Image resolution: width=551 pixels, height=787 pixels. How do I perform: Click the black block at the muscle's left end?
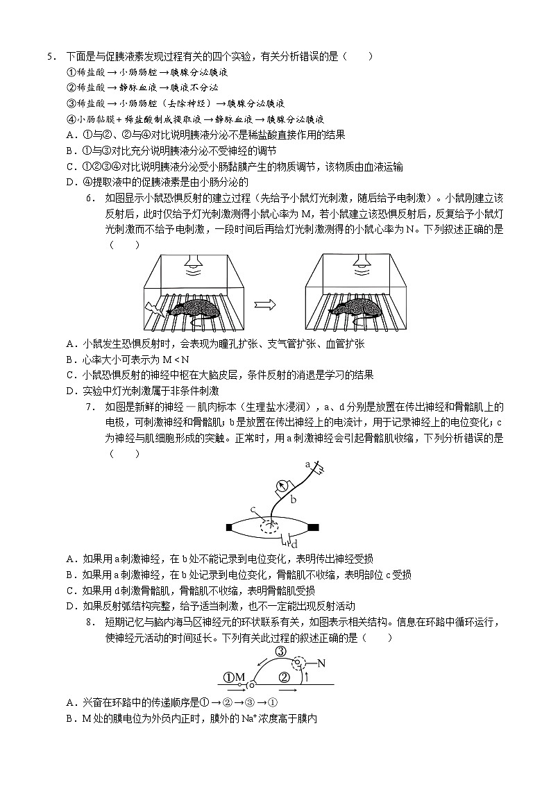click(x=230, y=527)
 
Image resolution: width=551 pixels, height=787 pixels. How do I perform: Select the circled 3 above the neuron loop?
click(x=280, y=652)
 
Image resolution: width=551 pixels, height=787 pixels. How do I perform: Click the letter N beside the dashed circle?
click(x=321, y=663)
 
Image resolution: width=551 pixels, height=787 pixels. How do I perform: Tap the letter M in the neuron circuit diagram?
click(x=240, y=677)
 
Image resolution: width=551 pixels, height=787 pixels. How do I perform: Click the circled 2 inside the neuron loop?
click(x=283, y=677)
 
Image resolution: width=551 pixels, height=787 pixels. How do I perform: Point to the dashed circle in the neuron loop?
click(x=300, y=663)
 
